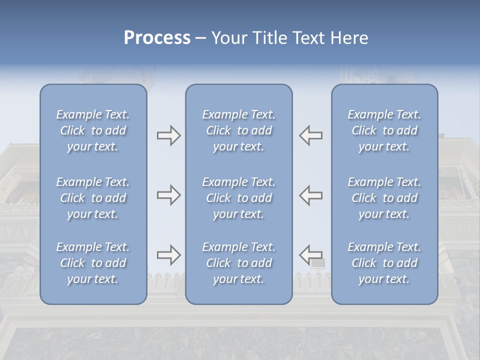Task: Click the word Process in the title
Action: [157, 38]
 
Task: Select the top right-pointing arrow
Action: [168, 135]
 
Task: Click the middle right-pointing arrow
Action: [168, 195]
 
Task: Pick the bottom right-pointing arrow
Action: [168, 255]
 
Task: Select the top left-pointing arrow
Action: [310, 135]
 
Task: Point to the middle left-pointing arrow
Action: [310, 195]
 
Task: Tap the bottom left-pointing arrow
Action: [310, 255]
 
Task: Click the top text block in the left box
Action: [93, 130]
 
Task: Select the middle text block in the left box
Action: [93, 198]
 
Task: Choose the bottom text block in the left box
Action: [93, 263]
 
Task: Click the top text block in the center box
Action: [238, 130]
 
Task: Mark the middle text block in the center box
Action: [238, 198]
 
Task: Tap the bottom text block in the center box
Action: [238, 263]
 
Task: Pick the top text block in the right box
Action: [384, 130]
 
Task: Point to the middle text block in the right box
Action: [384, 198]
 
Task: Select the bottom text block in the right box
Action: [384, 263]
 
